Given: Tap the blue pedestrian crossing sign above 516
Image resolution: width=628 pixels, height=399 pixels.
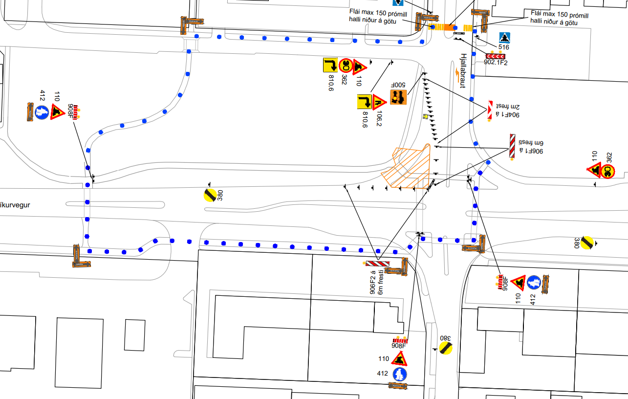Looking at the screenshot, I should (x=504, y=38).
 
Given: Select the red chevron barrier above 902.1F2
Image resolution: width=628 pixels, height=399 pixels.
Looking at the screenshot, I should (x=495, y=56).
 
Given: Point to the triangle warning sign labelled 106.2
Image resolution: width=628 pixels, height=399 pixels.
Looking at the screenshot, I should (x=379, y=102).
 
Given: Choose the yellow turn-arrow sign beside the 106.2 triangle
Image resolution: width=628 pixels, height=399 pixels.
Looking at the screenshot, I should (x=365, y=102).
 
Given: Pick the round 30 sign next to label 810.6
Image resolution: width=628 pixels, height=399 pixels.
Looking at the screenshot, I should (x=346, y=65).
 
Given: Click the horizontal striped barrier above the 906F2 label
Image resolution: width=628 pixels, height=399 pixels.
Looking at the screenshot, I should (x=377, y=264).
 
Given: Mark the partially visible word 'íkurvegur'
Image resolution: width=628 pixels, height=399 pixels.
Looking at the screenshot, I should (x=15, y=205).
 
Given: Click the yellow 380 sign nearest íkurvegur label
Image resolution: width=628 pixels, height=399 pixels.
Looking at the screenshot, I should (x=210, y=195).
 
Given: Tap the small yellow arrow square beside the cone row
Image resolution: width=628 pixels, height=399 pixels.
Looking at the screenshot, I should (x=425, y=117).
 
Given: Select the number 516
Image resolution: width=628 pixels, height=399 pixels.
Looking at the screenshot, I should (x=504, y=47).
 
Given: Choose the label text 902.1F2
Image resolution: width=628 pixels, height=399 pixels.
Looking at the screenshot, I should (x=496, y=63).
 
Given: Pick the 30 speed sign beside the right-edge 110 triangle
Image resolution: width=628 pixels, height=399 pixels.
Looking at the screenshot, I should (x=608, y=171).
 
